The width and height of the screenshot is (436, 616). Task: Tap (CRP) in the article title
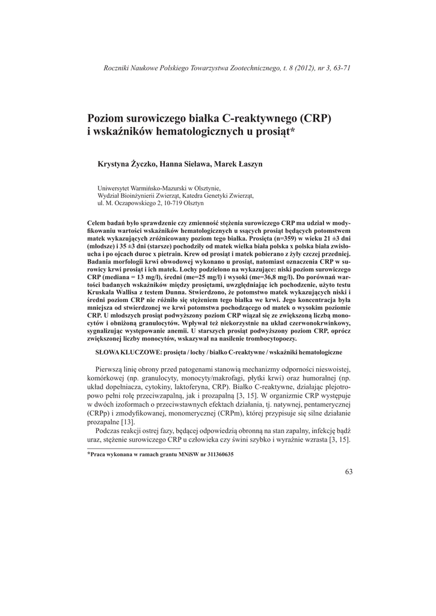click(313, 117)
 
